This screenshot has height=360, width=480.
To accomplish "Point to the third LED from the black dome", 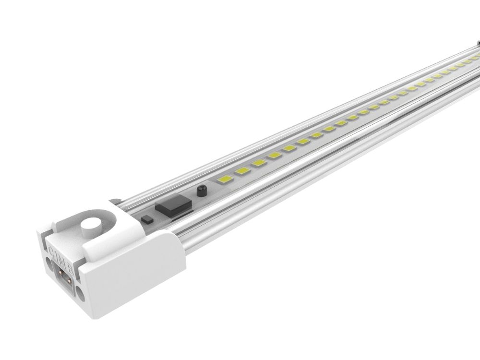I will coord(258,164).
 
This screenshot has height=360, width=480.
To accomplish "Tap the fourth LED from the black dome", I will coord(274,156).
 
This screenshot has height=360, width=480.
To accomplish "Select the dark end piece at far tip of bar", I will coord(477,46).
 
